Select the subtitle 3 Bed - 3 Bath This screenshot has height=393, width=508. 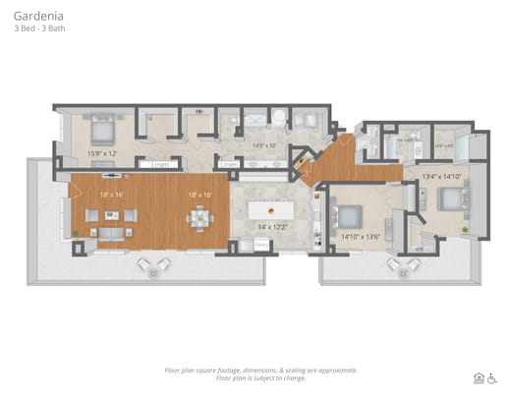point(37,28)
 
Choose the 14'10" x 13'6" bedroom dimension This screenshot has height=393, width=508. point(360,236)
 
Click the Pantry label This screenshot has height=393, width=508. point(260,246)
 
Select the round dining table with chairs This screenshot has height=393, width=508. point(200,217)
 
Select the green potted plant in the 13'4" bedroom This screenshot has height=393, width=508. point(465,228)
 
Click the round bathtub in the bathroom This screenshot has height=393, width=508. point(277,120)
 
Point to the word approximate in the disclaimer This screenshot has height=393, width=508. point(334,369)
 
